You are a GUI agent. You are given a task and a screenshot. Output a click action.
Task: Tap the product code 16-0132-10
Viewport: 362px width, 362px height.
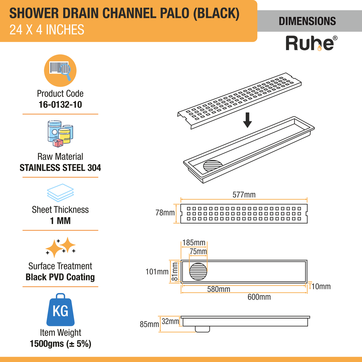tap(60, 105)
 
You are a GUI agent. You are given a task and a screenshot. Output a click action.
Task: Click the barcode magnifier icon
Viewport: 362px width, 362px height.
tap(60, 71)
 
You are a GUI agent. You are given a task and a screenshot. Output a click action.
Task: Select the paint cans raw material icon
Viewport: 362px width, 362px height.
tap(60, 134)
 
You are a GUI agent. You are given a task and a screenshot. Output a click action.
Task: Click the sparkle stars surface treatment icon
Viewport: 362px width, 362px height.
tap(60, 247)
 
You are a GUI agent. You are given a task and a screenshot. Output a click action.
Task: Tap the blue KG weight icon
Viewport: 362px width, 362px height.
tap(61, 310)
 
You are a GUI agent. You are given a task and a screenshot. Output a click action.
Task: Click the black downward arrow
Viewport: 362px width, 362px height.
tap(247, 120)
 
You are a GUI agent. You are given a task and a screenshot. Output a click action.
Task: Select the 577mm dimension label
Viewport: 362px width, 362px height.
tap(244, 195)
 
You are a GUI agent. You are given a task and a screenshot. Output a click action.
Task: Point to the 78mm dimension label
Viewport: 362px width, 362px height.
tap(165, 213)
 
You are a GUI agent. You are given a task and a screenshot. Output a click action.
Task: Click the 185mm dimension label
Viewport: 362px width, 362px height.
tap(194, 243)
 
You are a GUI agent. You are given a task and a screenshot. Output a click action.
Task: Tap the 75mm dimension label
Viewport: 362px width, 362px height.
tap(198, 252)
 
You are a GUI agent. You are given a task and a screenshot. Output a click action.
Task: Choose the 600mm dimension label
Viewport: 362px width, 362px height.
tap(259, 297)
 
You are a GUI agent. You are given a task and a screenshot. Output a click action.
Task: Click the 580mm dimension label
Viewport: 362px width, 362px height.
tap(219, 289)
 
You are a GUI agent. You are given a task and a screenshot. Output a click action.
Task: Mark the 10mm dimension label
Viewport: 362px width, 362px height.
tap(321, 287)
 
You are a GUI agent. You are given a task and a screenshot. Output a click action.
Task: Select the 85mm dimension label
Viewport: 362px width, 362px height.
tap(149, 324)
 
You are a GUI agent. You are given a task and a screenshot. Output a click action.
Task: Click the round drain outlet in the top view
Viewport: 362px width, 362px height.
tap(198, 272)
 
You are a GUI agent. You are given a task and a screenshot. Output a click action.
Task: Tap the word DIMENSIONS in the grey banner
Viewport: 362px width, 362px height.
tap(307, 21)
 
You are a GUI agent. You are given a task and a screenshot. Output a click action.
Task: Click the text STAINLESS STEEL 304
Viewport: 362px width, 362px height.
tap(60, 168)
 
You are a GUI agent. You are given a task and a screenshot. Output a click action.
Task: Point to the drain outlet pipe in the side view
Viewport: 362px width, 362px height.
tap(202, 329)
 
